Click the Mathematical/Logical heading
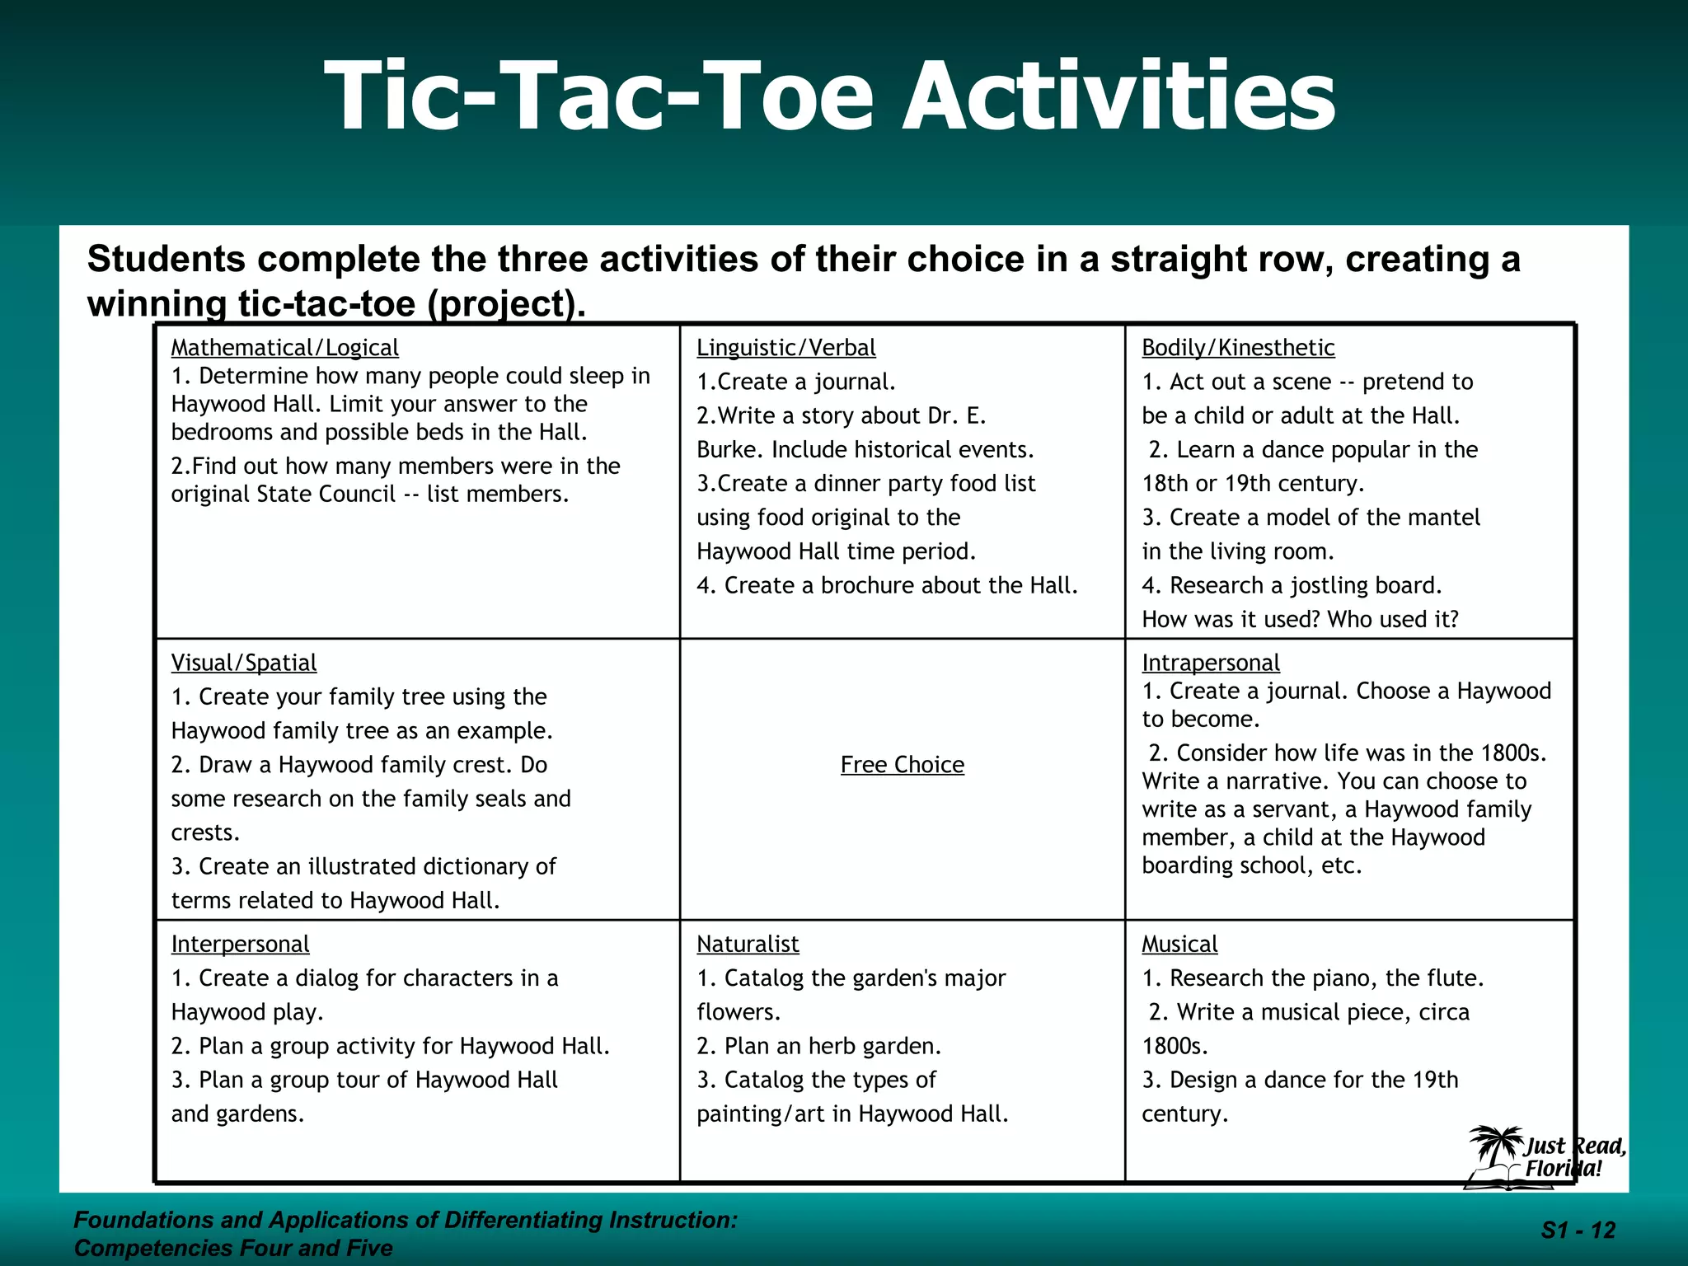coord(284,348)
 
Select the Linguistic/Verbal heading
coord(785,348)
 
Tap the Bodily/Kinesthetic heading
coord(1237,348)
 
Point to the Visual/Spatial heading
coord(243,663)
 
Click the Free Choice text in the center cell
coord(902,765)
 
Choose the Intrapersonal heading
coord(1210,663)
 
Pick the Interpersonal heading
coord(240,944)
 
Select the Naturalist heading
coord(748,944)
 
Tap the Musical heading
coord(1179,944)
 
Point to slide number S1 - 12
coord(1578,1231)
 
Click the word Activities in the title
coord(1118,96)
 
